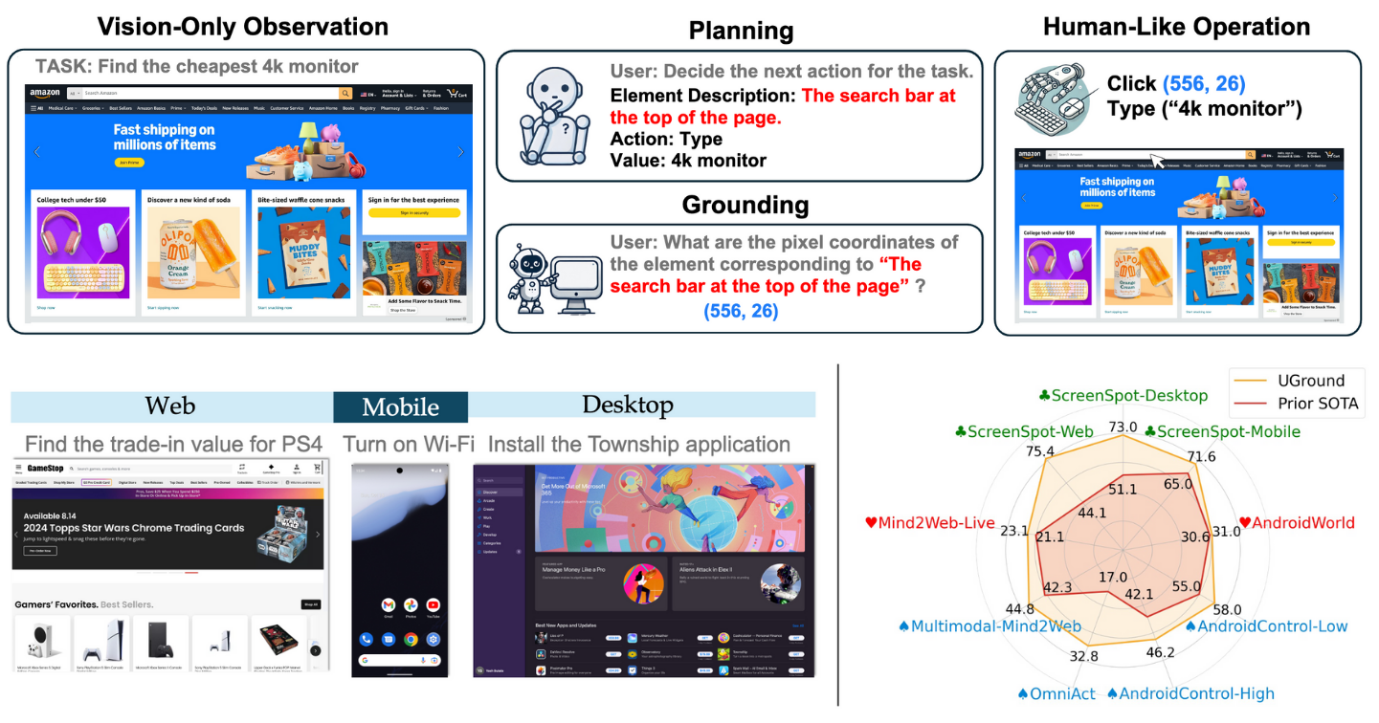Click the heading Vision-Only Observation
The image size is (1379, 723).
[x=243, y=26]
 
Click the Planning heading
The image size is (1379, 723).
[x=741, y=31]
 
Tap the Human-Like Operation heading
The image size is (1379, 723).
[x=1176, y=26]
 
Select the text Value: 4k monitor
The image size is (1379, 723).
[x=688, y=161]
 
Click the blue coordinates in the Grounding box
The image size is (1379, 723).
[x=740, y=311]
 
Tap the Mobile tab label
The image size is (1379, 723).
[x=400, y=407]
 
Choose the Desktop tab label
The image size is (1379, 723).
[x=628, y=405]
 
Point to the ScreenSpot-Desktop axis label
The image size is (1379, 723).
[x=1123, y=395]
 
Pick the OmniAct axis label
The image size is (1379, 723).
[x=1056, y=693]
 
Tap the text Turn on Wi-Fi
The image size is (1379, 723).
[x=409, y=445]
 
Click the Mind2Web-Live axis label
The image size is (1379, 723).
[x=929, y=522]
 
